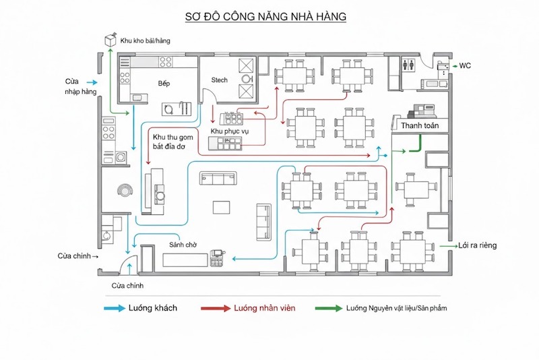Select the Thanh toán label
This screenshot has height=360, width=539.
(420, 125)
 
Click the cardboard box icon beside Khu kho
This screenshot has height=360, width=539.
(110, 40)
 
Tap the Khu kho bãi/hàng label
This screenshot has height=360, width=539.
(145, 41)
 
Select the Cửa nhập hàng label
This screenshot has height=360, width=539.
(77, 86)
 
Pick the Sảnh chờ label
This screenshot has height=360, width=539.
(182, 245)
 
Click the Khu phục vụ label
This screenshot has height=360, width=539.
(230, 130)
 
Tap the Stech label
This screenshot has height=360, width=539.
(220, 80)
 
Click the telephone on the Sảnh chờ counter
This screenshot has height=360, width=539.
(217, 256)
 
